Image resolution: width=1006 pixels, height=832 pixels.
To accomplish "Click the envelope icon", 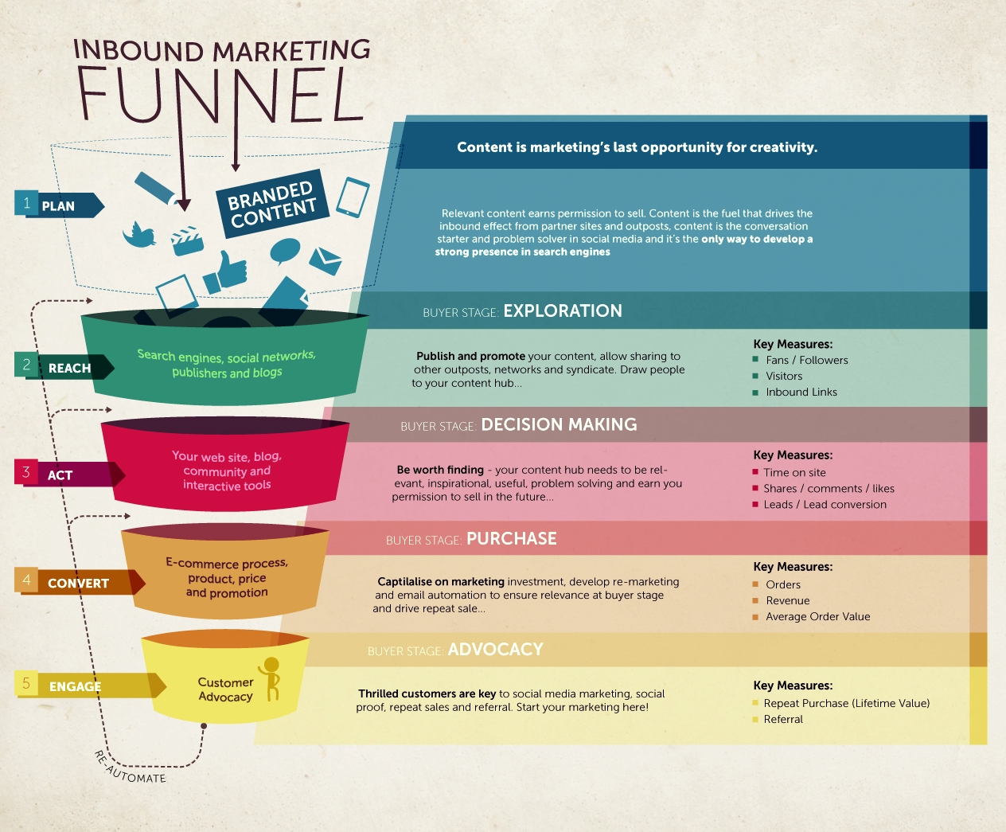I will [x=325, y=260].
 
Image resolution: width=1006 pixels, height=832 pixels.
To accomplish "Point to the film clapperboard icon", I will [x=187, y=240].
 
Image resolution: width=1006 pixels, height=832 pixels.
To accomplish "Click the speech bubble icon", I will [x=284, y=251].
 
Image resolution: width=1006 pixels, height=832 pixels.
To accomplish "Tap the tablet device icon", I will [x=353, y=197].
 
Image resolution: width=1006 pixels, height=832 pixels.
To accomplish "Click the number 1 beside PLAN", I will [x=27, y=203].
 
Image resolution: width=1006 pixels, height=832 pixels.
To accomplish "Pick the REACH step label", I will [x=70, y=368].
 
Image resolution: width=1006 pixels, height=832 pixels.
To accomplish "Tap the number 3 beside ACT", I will [x=26, y=472].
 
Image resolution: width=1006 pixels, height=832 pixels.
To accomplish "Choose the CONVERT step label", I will [x=78, y=583].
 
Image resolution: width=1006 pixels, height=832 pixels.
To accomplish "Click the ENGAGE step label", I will [x=75, y=686].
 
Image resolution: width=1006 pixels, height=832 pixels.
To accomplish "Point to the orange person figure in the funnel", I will [x=271, y=677].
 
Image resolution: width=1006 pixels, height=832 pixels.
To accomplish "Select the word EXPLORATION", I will [x=563, y=311].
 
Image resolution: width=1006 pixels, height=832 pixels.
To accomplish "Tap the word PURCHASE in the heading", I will [x=512, y=539].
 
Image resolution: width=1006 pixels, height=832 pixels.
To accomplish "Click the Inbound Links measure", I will [x=801, y=392].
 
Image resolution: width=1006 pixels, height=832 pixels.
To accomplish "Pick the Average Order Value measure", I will [x=817, y=616].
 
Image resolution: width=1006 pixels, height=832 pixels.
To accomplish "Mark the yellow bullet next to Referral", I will [x=755, y=720].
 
